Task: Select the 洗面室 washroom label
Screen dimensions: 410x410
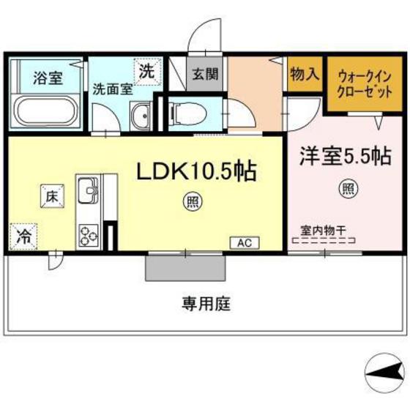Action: click(x=112, y=89)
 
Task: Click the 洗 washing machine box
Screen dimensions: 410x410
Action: click(x=147, y=72)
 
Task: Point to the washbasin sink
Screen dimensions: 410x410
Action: click(x=142, y=116)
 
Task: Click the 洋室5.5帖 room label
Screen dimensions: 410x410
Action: click(x=343, y=155)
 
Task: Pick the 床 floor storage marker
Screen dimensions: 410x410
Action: click(x=51, y=196)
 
